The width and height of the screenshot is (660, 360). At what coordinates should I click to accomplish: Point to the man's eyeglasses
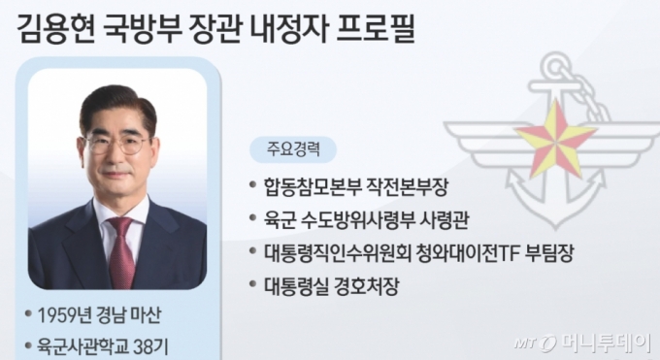115,144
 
